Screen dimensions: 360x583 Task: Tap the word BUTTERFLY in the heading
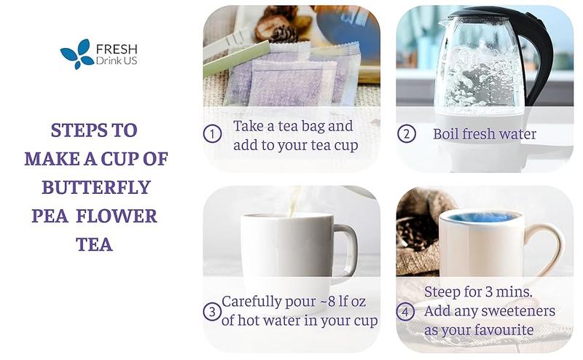(x=96, y=187)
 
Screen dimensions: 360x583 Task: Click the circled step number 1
(x=212, y=134)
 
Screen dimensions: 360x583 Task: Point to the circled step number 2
(x=406, y=134)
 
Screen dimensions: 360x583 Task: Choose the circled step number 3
(x=212, y=312)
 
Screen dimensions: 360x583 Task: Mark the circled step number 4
(x=406, y=312)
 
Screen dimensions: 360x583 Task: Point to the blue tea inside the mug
(x=482, y=216)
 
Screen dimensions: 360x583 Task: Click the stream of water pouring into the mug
(x=295, y=200)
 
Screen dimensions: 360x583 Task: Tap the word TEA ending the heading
(x=94, y=244)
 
